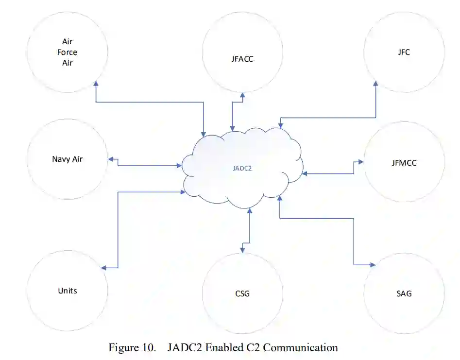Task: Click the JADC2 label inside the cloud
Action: (243, 169)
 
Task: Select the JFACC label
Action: (242, 60)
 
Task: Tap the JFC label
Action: (404, 52)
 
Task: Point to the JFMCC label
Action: (404, 163)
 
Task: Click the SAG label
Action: (404, 293)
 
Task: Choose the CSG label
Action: (242, 293)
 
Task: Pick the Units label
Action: (67, 291)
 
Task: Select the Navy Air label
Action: (67, 159)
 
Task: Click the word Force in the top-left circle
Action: (67, 52)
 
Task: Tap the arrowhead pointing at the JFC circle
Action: (375, 83)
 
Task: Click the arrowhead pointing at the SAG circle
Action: (373, 265)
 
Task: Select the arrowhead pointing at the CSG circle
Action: (242, 250)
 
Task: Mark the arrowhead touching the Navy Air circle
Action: (111, 159)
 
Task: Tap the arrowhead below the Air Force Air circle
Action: (96, 84)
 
